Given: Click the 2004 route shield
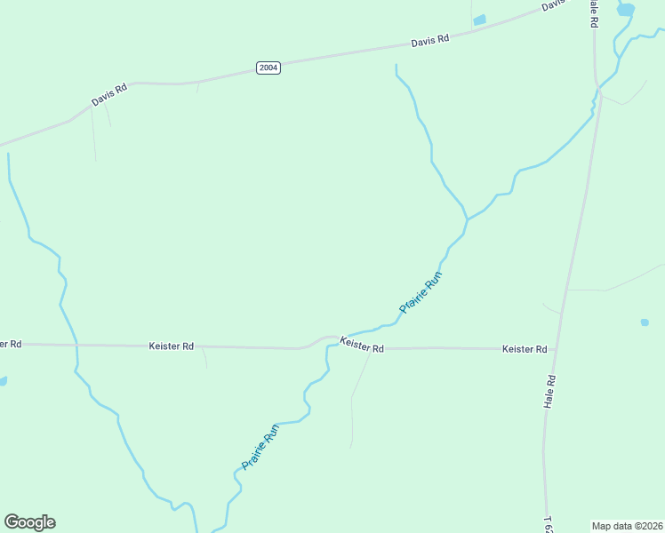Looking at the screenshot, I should (x=268, y=68).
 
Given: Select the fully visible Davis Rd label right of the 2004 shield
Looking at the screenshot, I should (x=430, y=40).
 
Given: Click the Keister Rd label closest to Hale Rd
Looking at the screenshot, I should (x=524, y=349).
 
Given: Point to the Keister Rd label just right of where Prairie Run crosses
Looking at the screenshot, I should (x=361, y=346).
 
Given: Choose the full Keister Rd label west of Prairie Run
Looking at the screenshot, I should (x=171, y=346).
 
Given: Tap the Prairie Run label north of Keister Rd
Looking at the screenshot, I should (x=421, y=292).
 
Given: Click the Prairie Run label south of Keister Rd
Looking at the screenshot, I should (x=260, y=447).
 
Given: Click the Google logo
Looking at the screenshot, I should (x=29, y=522).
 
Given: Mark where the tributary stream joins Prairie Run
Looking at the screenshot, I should (x=468, y=219).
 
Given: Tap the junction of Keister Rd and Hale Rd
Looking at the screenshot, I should (x=557, y=349).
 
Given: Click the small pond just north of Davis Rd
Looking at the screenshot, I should (x=480, y=20).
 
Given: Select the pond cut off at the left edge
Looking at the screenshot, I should (x=3, y=381).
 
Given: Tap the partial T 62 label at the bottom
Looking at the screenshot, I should (x=549, y=523).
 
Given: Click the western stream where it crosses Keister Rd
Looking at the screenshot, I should (x=76, y=345).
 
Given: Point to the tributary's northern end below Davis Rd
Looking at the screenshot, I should (x=396, y=66).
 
